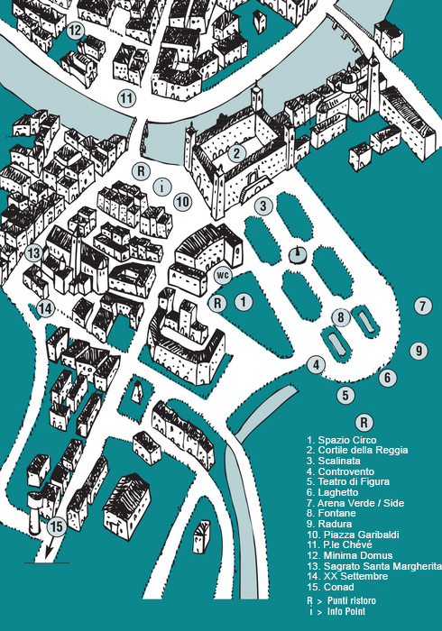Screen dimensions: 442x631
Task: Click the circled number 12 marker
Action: (75, 31)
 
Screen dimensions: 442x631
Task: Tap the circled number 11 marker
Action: (126, 97)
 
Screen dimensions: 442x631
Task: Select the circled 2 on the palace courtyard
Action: (236, 153)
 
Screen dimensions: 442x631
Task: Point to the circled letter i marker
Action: (162, 187)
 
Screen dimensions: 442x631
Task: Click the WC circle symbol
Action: (223, 275)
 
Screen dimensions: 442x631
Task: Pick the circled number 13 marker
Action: (33, 253)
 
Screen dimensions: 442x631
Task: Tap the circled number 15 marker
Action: (57, 526)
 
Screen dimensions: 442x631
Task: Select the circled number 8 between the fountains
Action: (341, 317)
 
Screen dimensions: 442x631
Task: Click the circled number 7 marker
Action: (423, 306)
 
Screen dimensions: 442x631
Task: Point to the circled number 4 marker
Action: (316, 365)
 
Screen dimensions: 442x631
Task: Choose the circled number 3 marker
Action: (263, 206)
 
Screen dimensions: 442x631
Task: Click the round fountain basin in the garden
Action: (298, 255)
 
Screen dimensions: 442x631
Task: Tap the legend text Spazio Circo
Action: (347, 440)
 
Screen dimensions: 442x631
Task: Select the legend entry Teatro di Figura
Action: (354, 481)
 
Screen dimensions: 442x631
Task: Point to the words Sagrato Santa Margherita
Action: (382, 566)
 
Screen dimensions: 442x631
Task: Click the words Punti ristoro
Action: (352, 601)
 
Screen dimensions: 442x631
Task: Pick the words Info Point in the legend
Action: (346, 612)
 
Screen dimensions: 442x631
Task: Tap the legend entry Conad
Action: (338, 587)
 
